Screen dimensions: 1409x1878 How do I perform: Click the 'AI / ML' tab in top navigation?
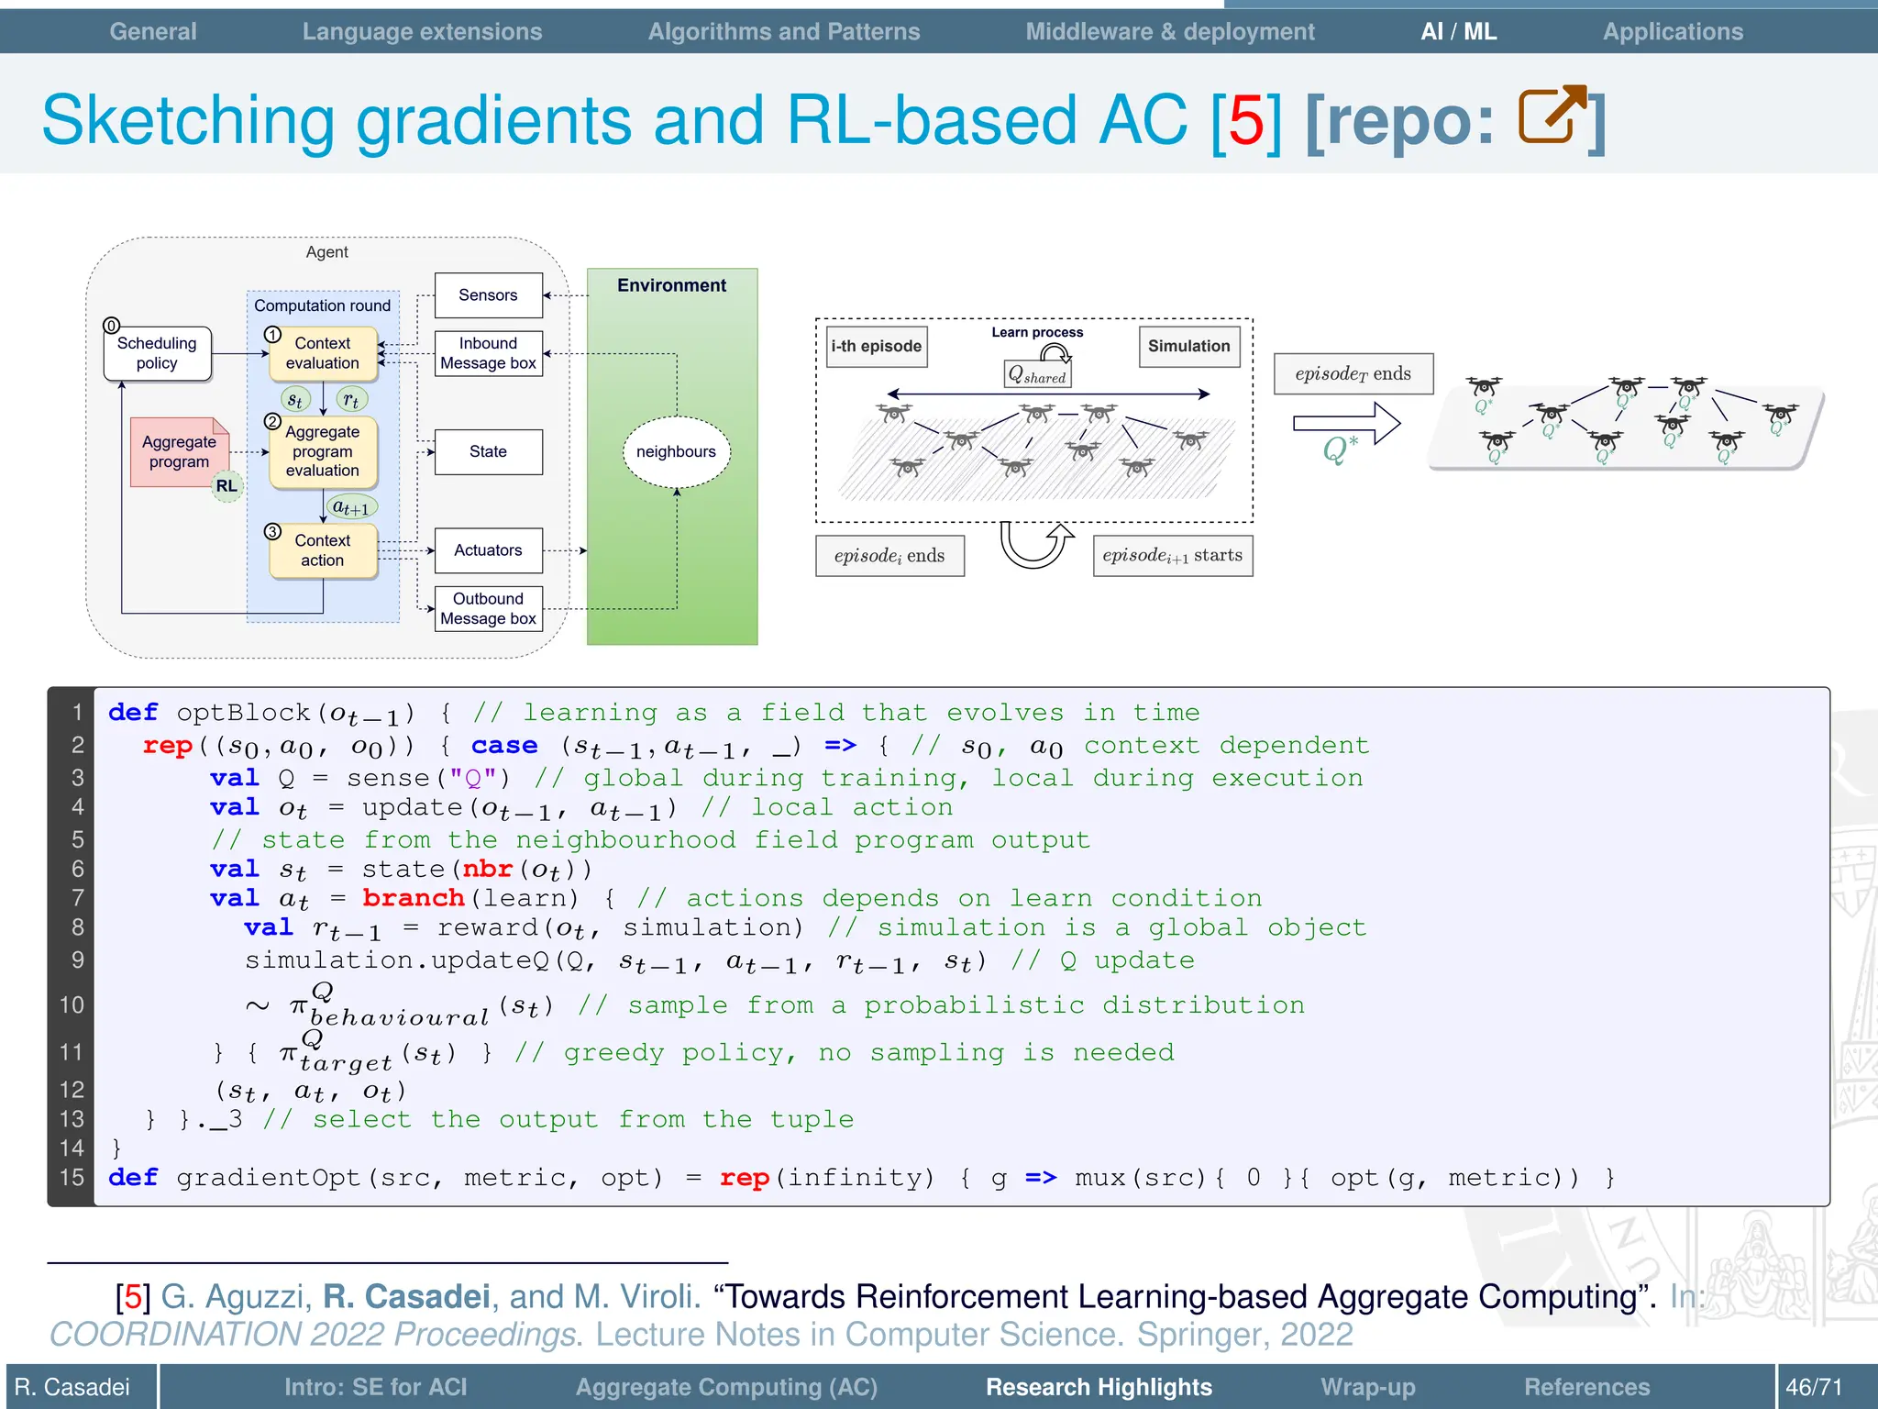(1458, 31)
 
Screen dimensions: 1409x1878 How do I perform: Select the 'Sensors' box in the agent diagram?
(488, 295)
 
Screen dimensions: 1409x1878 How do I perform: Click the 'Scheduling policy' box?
(157, 353)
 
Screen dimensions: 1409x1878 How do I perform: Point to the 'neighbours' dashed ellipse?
(676, 451)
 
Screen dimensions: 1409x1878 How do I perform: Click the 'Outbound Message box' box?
(488, 609)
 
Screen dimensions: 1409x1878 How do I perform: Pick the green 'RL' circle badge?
(226, 486)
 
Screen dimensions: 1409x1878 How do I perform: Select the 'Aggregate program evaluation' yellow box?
(323, 451)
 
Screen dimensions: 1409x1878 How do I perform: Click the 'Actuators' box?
(488, 550)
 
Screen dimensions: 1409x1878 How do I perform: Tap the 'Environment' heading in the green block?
(671, 285)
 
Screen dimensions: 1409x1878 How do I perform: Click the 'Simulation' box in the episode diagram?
(1188, 347)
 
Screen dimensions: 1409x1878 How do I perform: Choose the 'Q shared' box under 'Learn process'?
(1037, 375)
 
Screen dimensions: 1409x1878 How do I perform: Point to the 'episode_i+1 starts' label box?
(1172, 556)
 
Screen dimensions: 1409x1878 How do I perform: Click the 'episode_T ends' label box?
(1353, 374)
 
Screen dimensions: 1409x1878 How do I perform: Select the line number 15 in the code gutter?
(72, 1178)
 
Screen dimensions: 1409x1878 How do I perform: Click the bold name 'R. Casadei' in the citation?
(406, 1296)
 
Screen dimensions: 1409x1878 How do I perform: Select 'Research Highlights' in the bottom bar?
(1099, 1387)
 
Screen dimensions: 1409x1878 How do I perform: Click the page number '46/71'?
(1813, 1387)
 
